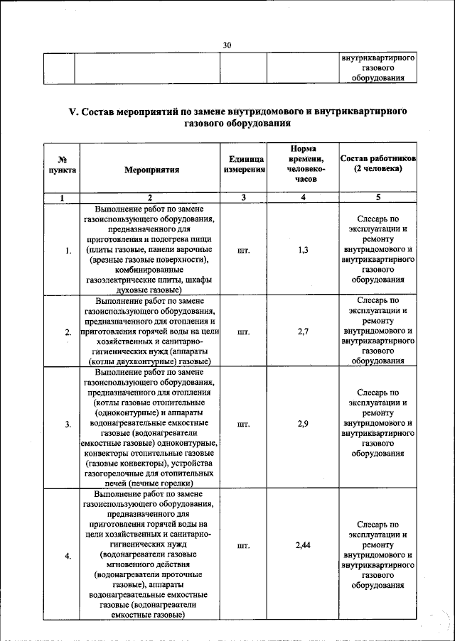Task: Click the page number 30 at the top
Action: click(227, 45)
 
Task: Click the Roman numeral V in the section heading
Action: click(72, 111)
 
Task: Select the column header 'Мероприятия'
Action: click(151, 170)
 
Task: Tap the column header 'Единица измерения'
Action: click(243, 165)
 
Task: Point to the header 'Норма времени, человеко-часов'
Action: click(304, 165)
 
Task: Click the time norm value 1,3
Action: click(304, 250)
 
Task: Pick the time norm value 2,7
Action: click(304, 332)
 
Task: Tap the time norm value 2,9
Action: click(304, 424)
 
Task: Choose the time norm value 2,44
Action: click(304, 546)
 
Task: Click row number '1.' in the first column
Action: click(68, 251)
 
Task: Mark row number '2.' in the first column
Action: click(68, 332)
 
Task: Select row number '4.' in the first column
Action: click(68, 556)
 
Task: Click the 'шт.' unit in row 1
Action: click(243, 250)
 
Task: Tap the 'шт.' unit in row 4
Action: click(243, 546)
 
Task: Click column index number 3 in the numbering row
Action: click(243, 198)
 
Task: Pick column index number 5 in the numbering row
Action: click(378, 198)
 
